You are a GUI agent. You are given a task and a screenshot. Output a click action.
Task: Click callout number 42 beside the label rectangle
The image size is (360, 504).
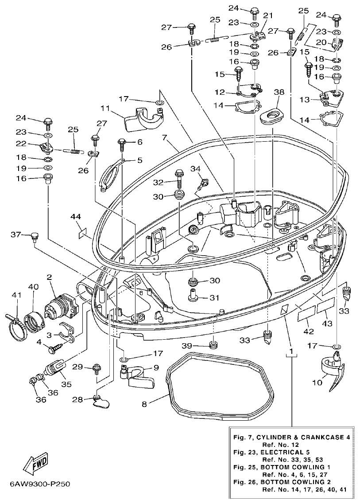pos(306,330)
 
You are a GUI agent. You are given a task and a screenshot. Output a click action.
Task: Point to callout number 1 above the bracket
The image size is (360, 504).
pos(291,352)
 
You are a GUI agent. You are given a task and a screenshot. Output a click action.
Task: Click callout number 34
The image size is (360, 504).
pos(196,168)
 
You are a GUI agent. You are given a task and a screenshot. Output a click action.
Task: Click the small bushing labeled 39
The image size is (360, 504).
pos(214,345)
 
